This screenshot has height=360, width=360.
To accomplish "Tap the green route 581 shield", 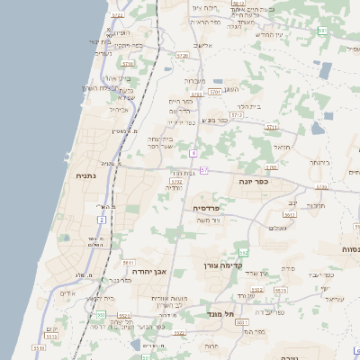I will point(322,31).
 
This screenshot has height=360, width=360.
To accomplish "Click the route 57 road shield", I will point(204,170).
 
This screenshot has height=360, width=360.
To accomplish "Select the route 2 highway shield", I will point(102,219).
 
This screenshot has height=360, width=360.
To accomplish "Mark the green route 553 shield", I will point(101,315).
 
